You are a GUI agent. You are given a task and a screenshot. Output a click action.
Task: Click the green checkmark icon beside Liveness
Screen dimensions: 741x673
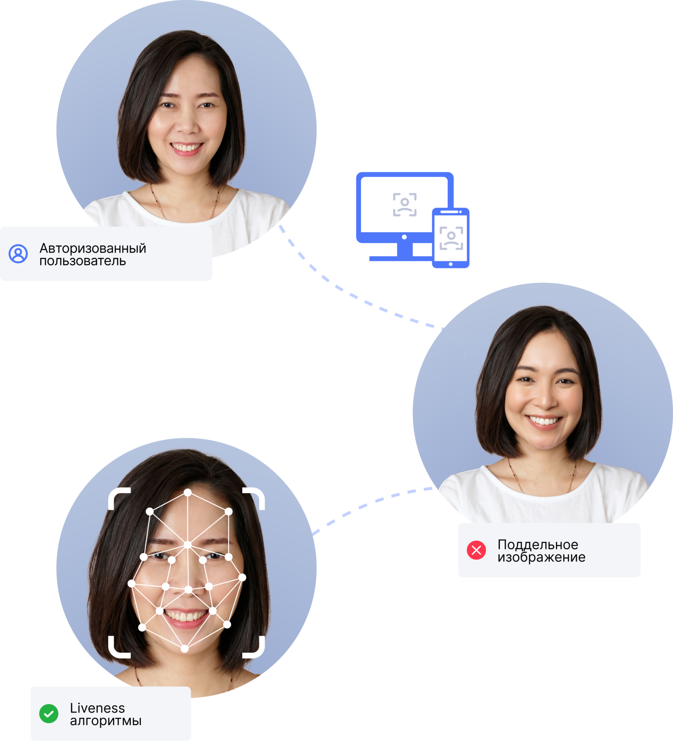[x=49, y=714]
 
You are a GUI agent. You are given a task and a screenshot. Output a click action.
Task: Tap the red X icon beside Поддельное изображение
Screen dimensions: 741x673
[x=476, y=550]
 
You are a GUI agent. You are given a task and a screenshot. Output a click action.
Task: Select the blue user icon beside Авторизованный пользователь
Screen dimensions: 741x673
[x=18, y=254]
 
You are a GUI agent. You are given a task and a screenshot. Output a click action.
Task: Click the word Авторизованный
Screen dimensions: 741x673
[x=93, y=248]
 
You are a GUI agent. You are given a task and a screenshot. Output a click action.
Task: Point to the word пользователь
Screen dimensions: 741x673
[x=83, y=261]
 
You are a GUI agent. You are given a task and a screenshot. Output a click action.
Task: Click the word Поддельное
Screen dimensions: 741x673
[x=538, y=544]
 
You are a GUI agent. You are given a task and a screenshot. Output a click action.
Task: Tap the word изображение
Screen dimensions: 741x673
[x=541, y=557]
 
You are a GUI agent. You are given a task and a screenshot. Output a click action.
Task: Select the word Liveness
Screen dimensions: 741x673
[x=97, y=708]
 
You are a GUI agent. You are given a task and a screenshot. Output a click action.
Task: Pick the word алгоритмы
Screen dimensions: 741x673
[x=106, y=721]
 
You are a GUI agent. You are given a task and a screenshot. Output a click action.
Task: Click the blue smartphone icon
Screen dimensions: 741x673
[x=451, y=238]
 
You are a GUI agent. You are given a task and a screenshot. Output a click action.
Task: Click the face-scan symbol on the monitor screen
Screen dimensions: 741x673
[x=405, y=205]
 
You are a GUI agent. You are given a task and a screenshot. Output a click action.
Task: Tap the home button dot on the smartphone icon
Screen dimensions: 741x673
[x=451, y=264]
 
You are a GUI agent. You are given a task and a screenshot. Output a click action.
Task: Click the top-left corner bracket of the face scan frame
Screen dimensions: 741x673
[x=119, y=497]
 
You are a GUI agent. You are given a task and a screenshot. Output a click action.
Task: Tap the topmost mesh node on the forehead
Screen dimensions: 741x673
[x=187, y=493]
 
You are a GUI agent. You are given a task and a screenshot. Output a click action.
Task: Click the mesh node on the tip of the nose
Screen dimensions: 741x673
[x=188, y=590]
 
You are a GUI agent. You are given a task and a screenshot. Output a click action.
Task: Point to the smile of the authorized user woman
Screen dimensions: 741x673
[x=186, y=148]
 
